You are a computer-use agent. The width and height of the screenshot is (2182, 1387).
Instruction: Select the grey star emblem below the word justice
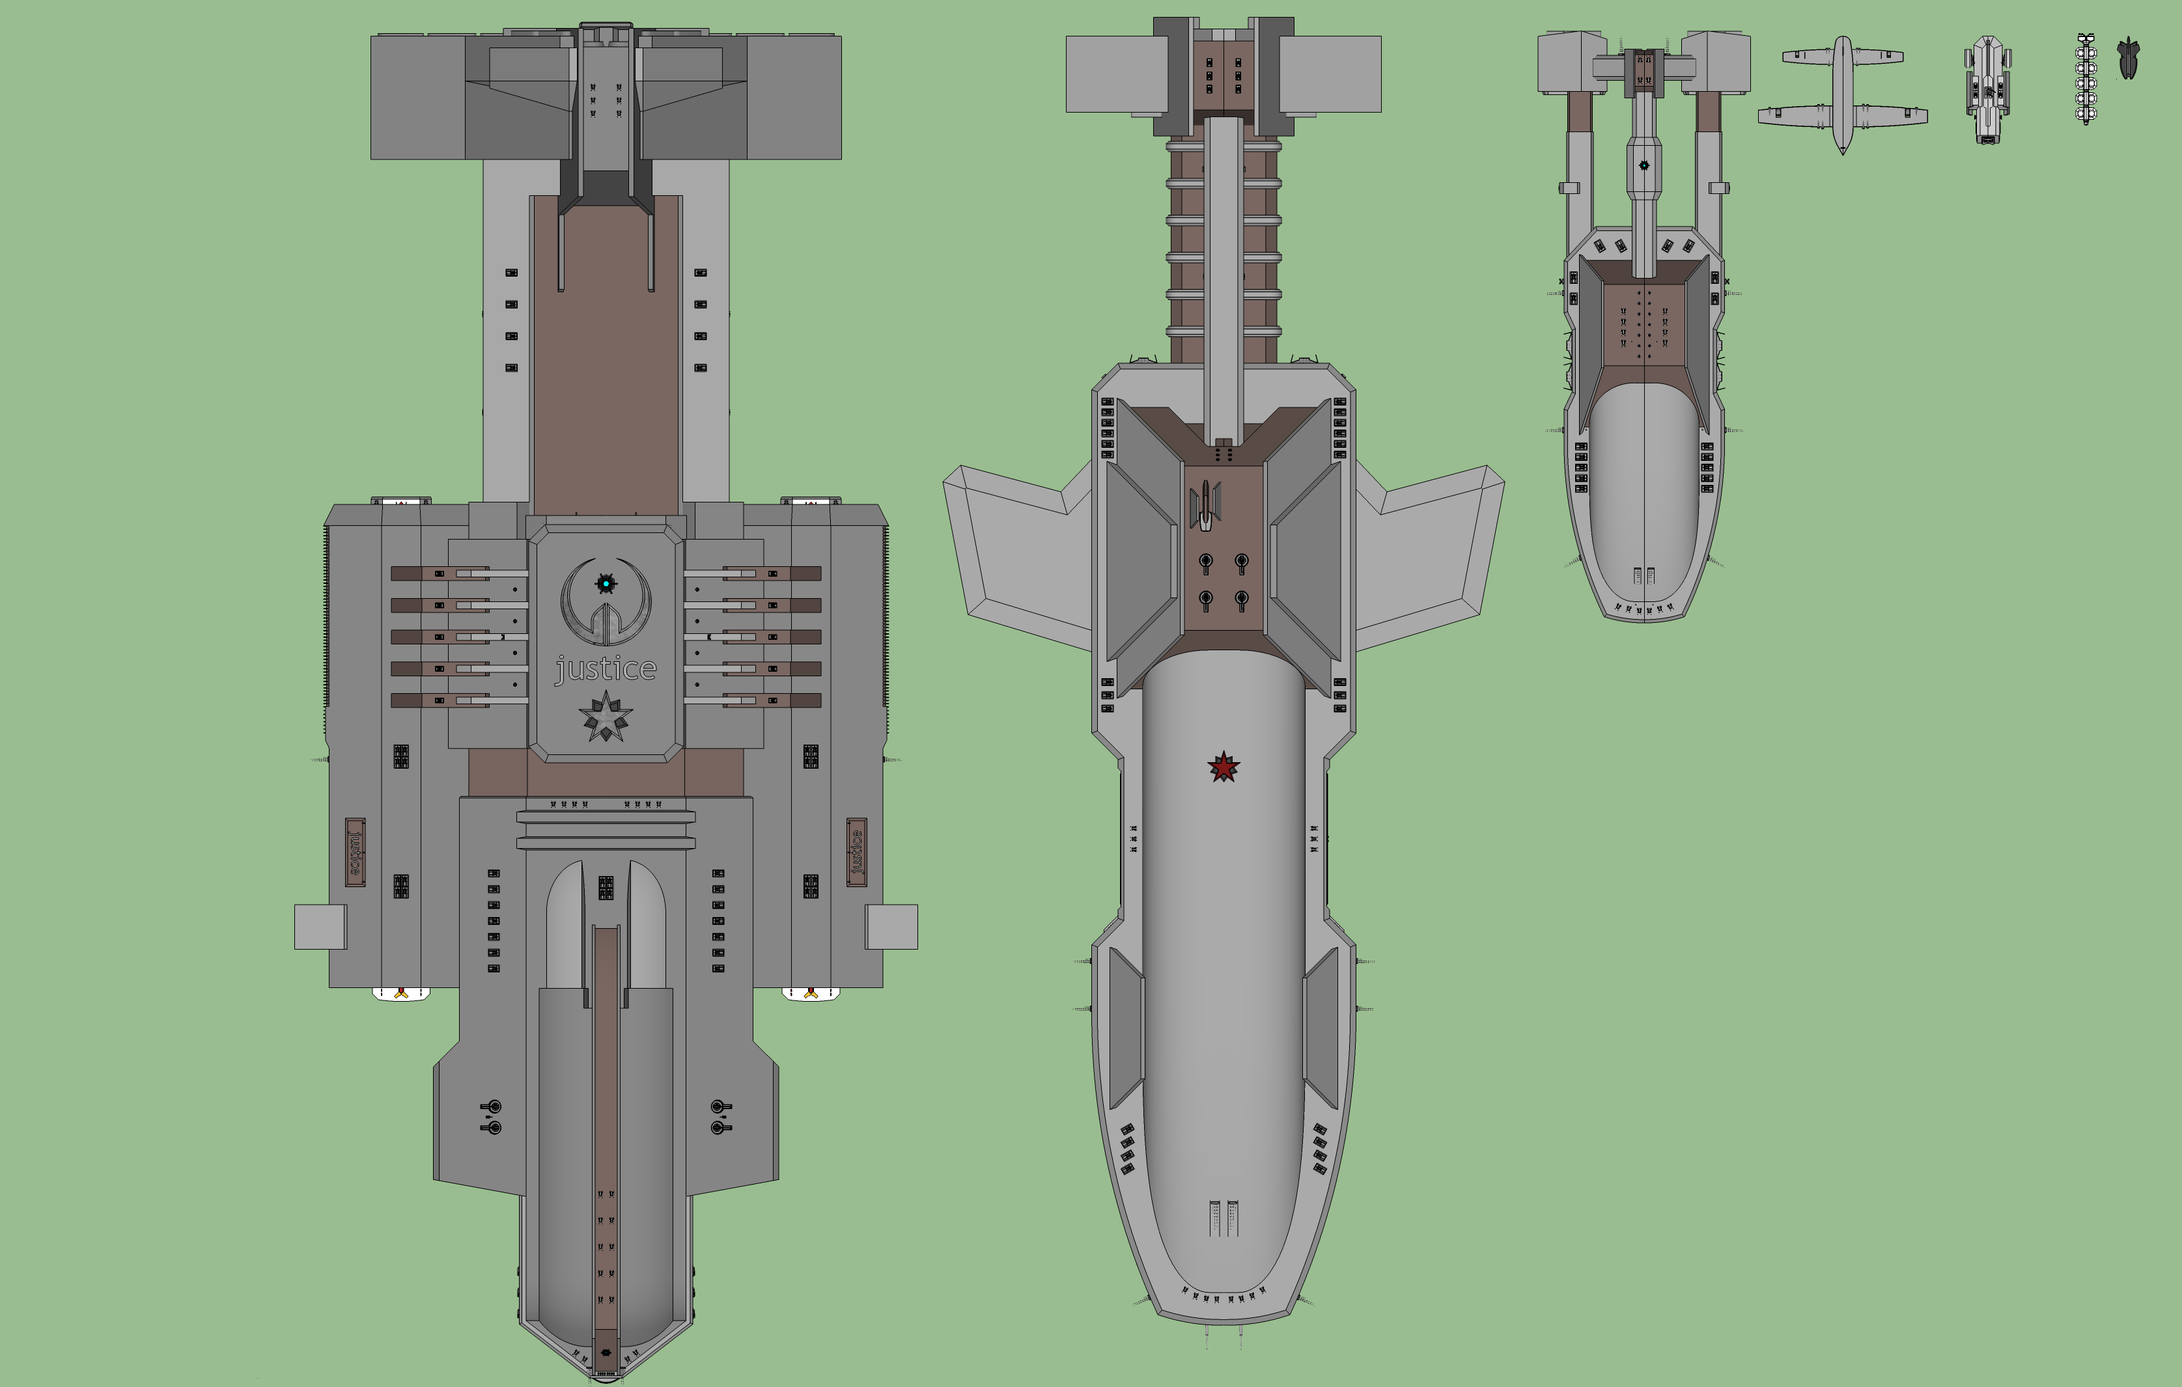606,717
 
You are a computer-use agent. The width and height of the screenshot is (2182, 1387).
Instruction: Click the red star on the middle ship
1224,767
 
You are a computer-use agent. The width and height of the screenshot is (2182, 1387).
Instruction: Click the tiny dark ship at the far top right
2128,58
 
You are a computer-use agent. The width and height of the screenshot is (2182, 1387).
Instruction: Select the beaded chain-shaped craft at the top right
2086,79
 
